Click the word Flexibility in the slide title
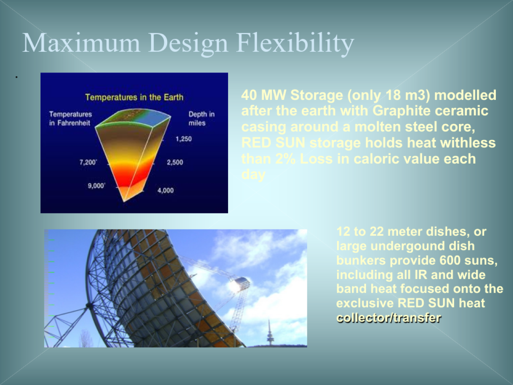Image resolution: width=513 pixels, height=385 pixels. tap(295, 44)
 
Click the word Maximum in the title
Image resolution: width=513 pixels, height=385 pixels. tap(81, 43)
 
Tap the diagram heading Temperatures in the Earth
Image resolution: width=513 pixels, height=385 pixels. tap(134, 97)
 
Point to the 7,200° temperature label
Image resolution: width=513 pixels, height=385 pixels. tap(88, 162)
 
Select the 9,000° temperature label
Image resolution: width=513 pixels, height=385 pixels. tap(97, 186)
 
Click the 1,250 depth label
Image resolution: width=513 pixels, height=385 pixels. tap(184, 139)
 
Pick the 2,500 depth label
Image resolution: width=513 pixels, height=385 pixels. tap(175, 162)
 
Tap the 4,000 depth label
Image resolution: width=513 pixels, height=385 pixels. tap(166, 190)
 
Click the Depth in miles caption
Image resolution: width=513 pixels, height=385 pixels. tap(202, 119)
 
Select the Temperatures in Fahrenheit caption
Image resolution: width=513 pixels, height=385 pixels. tap(71, 119)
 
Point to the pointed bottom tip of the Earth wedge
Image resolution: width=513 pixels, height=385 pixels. tap(124, 201)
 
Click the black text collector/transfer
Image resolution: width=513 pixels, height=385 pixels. tap(389, 318)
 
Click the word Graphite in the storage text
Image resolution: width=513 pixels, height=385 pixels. tap(401, 111)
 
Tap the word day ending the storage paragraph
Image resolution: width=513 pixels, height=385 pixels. tap(253, 175)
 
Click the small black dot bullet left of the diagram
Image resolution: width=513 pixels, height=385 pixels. tap(16, 77)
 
